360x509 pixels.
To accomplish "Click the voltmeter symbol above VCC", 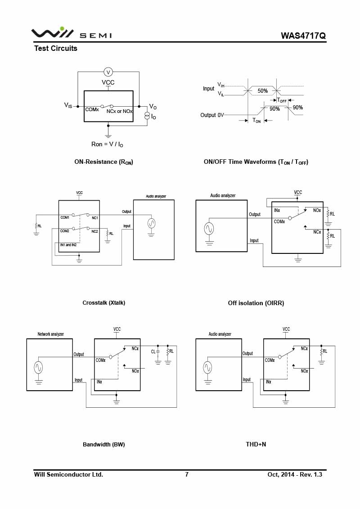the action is click(x=108, y=72).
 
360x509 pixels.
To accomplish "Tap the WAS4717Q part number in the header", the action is click(x=303, y=36).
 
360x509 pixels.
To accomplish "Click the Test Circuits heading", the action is click(x=56, y=48).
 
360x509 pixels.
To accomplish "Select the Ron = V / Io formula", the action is click(x=107, y=144).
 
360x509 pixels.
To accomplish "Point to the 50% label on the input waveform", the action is click(x=263, y=91).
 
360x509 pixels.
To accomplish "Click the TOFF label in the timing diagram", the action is click(x=282, y=100).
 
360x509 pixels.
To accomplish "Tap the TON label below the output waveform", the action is click(x=256, y=121).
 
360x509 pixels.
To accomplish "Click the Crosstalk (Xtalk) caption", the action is click(x=104, y=303).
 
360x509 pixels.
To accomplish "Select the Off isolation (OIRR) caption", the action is click(x=256, y=303).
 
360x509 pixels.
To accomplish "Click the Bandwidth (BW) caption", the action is click(x=104, y=444).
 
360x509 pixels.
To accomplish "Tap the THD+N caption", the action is click(x=256, y=444).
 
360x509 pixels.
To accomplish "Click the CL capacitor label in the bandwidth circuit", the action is click(x=153, y=351).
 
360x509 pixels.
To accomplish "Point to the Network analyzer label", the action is click(x=51, y=334).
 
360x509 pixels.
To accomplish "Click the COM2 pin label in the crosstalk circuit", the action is click(x=65, y=231).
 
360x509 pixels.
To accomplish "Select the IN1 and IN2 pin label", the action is click(x=68, y=245).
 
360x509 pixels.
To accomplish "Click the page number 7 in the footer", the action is click(x=187, y=475).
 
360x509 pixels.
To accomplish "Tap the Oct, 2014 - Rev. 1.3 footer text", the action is click(x=295, y=475).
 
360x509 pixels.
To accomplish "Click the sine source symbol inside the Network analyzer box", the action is click(x=39, y=368).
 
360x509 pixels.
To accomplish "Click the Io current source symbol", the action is click(x=147, y=116).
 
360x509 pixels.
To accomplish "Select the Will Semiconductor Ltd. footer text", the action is click(x=68, y=475).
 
